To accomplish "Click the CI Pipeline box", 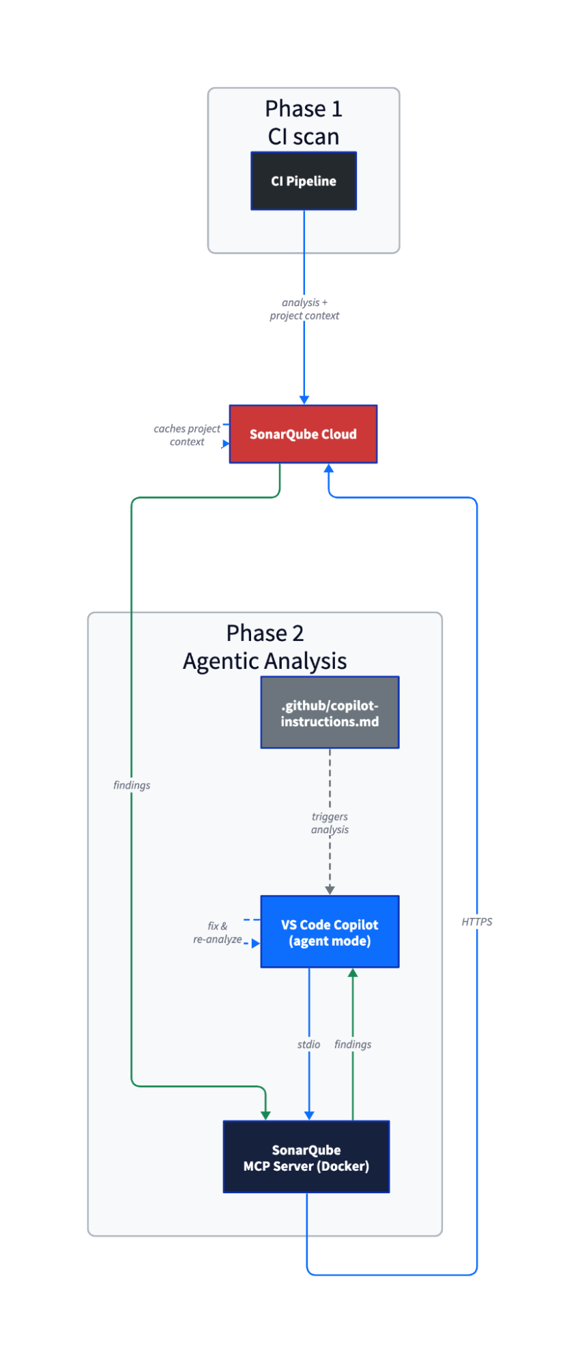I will tap(304, 181).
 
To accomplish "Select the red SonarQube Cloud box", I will tap(303, 434).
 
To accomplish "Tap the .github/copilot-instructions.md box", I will tap(330, 713).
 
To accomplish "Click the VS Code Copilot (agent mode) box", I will tap(330, 932).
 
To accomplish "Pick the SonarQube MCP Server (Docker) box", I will tap(306, 1157).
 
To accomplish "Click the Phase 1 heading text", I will tap(304, 109).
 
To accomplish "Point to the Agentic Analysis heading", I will tap(265, 661).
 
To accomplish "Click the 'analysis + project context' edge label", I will tap(304, 309).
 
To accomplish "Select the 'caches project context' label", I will tap(187, 435).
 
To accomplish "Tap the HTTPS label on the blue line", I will tap(477, 922).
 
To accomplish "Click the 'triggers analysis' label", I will tap(330, 823).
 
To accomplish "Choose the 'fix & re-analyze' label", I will tap(217, 933).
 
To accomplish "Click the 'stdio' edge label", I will tap(308, 1045).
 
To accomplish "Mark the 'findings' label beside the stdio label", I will tap(353, 1045).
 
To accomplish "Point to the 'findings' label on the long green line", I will tap(132, 785).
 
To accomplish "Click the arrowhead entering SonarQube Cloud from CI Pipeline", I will tap(304, 400).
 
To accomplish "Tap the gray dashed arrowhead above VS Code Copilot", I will tap(330, 890).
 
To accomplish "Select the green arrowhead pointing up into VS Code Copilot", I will tap(353, 973).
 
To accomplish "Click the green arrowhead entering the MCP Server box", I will tap(265, 1115).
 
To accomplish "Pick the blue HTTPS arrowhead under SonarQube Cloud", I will tap(329, 468).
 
